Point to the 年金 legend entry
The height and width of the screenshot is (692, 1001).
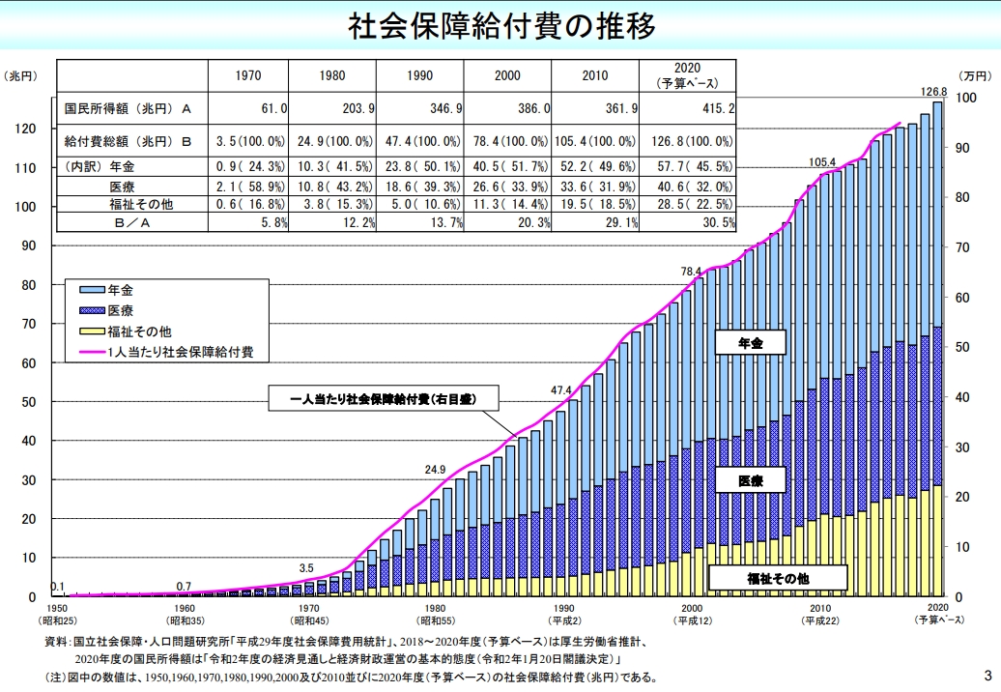(x=122, y=288)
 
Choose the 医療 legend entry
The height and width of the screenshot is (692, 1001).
(x=122, y=309)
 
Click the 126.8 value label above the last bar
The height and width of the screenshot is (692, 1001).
(x=933, y=92)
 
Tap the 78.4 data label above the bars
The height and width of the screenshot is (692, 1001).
(x=691, y=272)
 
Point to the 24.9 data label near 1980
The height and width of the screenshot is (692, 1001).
(x=435, y=470)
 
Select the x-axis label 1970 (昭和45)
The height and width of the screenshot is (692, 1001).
(x=306, y=613)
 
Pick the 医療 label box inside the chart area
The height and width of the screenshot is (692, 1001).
(x=750, y=480)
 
